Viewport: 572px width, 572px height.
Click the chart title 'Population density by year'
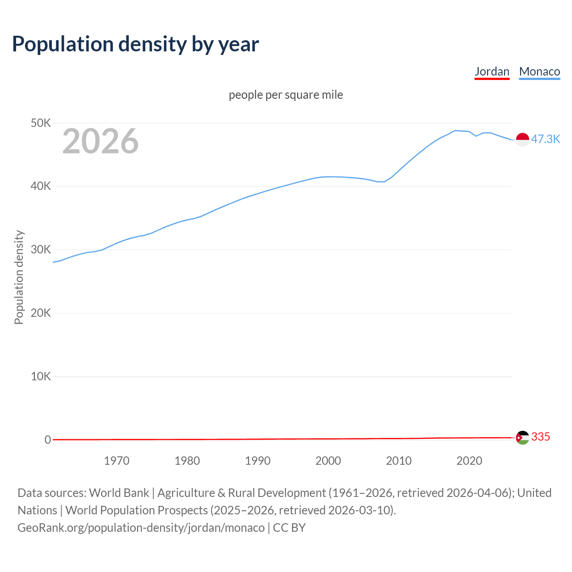click(135, 44)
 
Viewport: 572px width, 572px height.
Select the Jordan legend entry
click(492, 71)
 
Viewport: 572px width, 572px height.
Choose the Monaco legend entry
click(539, 71)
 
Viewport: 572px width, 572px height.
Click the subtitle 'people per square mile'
click(286, 95)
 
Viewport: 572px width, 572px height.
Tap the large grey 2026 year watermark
click(101, 141)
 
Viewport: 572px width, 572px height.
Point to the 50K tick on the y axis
click(41, 123)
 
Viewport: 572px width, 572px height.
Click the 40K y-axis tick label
click(41, 186)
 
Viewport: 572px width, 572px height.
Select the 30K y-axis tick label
click(41, 250)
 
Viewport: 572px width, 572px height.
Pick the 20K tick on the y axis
click(41, 313)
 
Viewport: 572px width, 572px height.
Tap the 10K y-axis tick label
click(41, 376)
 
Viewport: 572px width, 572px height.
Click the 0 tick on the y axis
click(48, 440)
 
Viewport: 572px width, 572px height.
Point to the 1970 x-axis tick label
click(117, 461)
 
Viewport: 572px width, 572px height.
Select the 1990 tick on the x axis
click(258, 461)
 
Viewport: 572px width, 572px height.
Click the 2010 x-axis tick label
click(399, 461)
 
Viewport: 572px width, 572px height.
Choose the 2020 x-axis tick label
click(469, 461)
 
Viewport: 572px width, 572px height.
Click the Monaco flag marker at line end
click(522, 139)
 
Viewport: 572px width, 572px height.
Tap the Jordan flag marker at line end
click(522, 437)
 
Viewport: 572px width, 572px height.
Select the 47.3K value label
click(545, 139)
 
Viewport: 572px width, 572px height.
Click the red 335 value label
click(540, 437)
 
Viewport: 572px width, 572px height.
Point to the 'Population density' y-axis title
click(19, 277)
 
